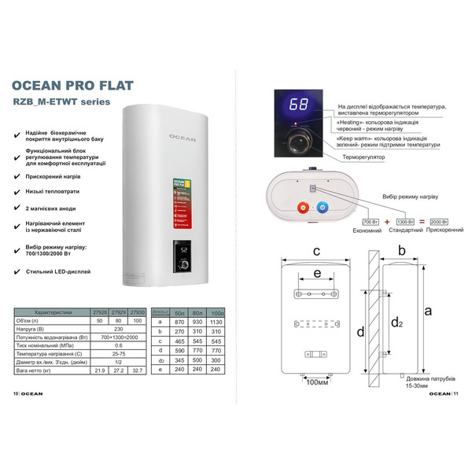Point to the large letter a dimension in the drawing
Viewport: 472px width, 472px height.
pyautogui.click(x=428, y=311)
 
